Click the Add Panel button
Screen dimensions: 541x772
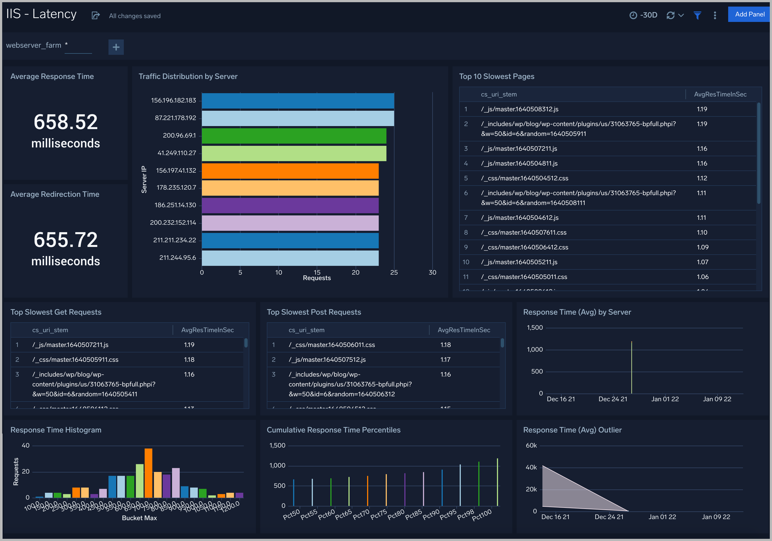click(x=749, y=15)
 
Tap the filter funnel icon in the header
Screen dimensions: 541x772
click(x=697, y=15)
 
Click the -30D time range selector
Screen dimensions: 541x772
click(x=644, y=15)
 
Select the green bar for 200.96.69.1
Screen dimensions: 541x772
click(x=294, y=136)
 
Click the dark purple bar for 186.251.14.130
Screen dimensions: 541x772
click(x=290, y=205)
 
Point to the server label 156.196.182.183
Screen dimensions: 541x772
click(x=173, y=100)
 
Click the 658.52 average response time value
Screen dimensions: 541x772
click(x=65, y=122)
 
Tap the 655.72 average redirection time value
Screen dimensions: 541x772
click(x=65, y=240)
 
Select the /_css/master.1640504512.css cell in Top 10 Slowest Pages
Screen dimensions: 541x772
click(x=525, y=178)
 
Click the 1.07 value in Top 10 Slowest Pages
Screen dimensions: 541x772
click(x=702, y=262)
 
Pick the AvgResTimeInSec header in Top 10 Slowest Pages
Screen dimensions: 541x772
click(x=720, y=95)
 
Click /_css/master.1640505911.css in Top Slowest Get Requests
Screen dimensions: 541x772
click(x=75, y=360)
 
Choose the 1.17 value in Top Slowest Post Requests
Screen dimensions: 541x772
click(x=445, y=360)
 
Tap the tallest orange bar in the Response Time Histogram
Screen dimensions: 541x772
click(x=148, y=473)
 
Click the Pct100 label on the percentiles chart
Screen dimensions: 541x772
click(x=482, y=515)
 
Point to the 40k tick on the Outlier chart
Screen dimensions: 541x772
click(x=531, y=467)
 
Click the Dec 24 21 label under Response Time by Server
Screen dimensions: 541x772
click(x=613, y=399)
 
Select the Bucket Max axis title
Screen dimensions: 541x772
click(x=139, y=518)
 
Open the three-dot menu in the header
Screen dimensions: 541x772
click(x=715, y=15)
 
